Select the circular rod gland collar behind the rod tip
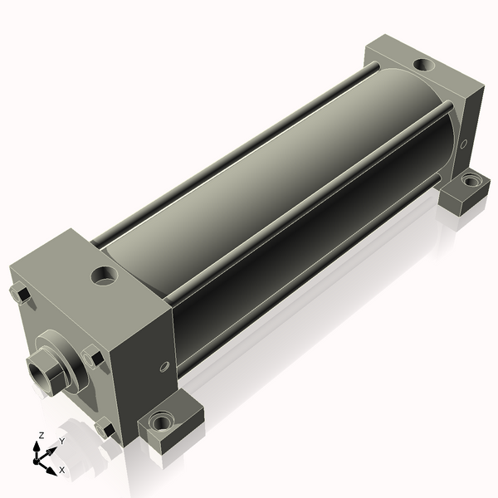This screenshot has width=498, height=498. (61, 357)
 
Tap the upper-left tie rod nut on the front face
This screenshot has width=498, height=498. (19, 293)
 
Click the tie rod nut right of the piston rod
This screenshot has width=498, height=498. (94, 359)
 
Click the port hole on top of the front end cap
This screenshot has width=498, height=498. (105, 275)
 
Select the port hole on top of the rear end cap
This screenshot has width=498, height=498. (422, 64)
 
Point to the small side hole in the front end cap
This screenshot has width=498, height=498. (164, 366)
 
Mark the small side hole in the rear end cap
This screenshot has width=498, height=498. (463, 144)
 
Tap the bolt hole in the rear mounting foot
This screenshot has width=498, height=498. (471, 179)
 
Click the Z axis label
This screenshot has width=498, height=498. (41, 436)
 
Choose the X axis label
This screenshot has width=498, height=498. (61, 470)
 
